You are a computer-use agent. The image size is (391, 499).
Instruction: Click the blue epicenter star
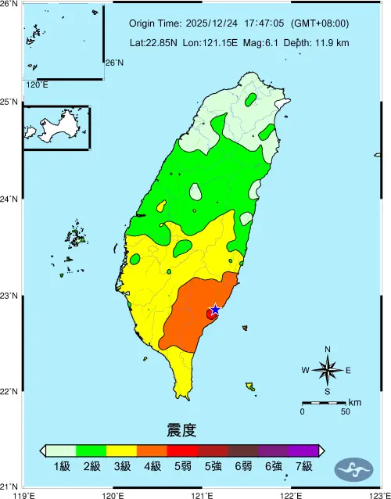coord(215,310)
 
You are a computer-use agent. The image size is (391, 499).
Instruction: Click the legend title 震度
coord(181,430)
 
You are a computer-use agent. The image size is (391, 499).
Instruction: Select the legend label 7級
coord(303,467)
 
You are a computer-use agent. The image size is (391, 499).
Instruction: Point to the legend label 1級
coord(62,467)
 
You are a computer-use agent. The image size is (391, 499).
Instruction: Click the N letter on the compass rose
coord(328,349)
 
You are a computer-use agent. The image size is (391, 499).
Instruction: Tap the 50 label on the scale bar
coord(345,411)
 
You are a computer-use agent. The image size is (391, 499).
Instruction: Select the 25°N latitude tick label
coord(9,102)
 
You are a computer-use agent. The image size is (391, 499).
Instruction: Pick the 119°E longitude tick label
coord(26,494)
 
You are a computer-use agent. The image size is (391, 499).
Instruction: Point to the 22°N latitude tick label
coord(9,392)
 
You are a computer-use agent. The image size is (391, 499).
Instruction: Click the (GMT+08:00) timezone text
coord(320,24)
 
